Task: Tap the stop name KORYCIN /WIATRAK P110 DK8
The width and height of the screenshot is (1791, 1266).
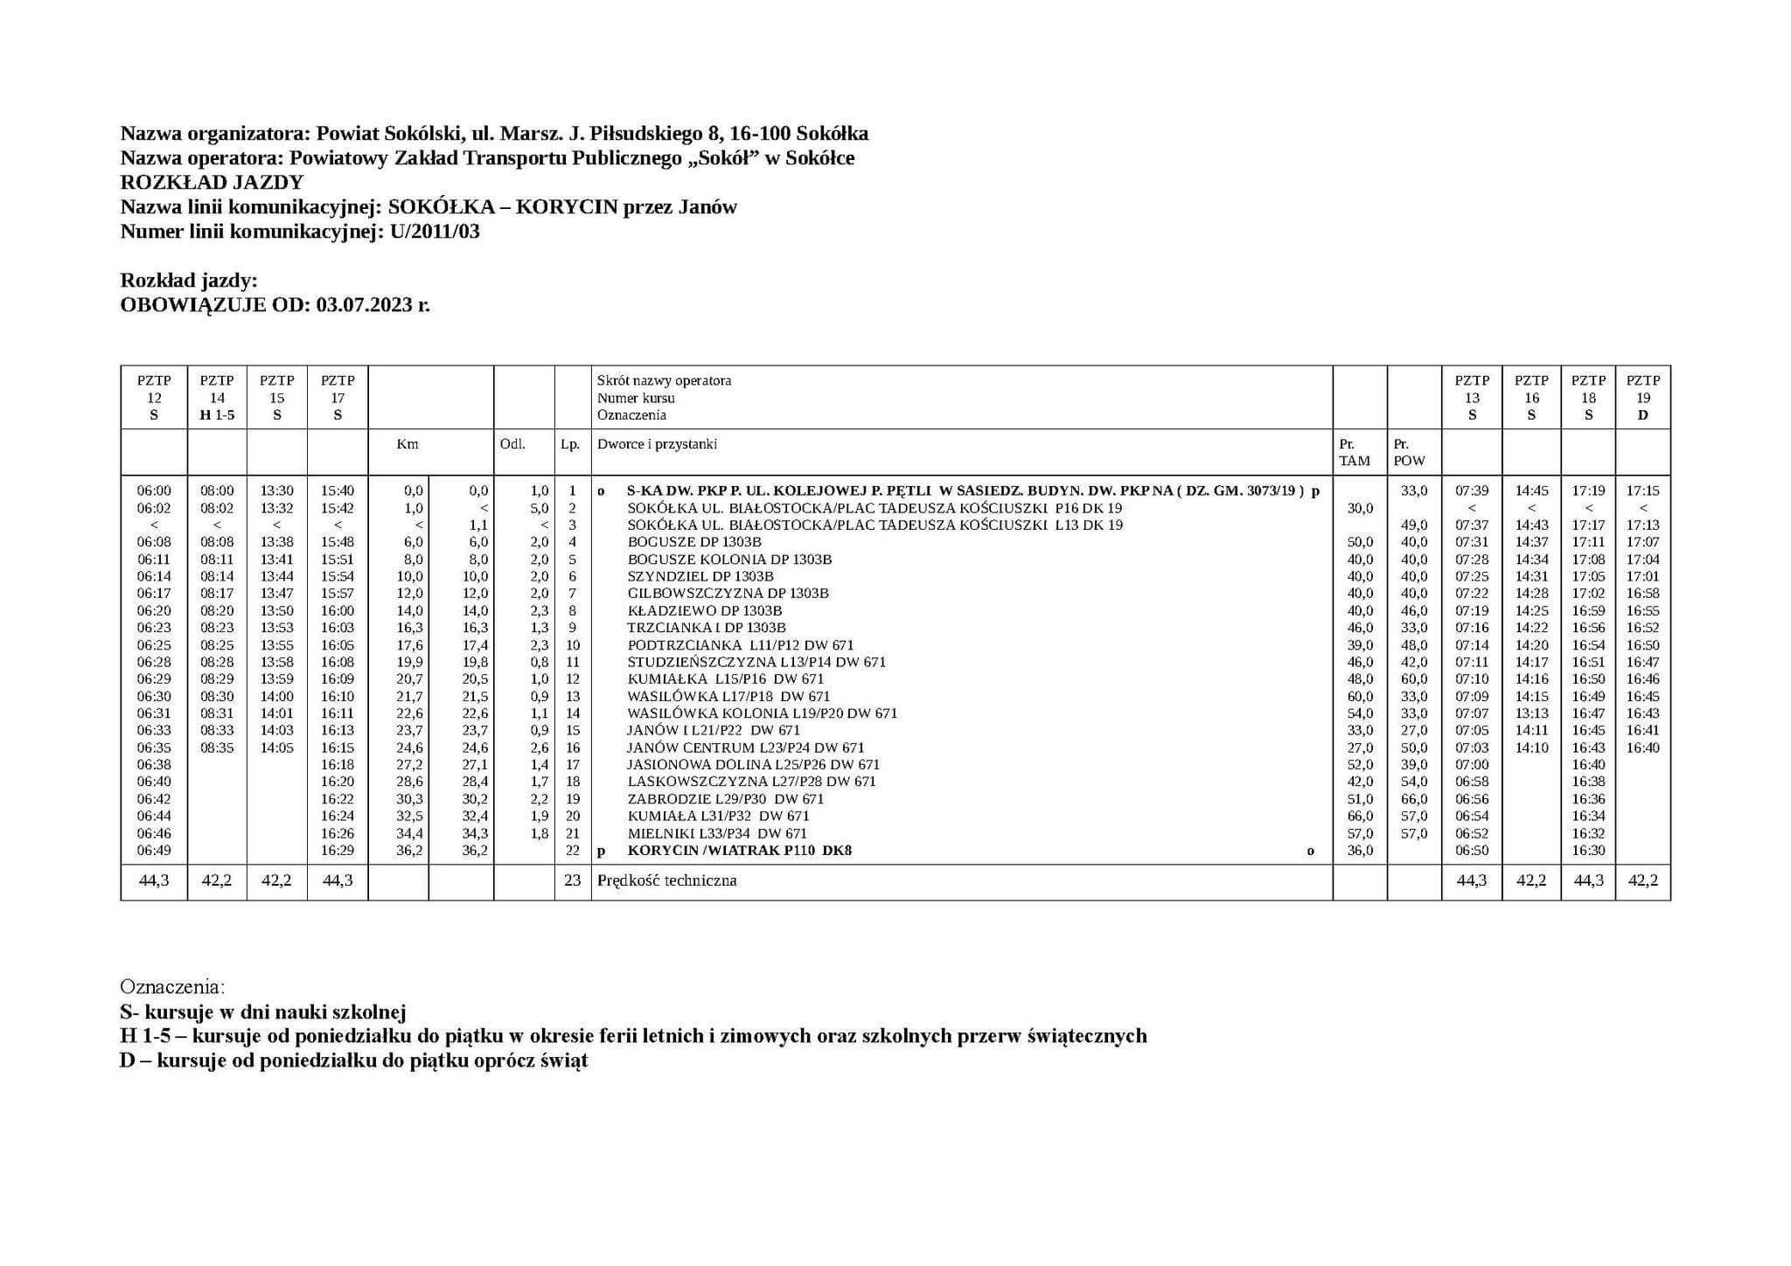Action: click(x=739, y=851)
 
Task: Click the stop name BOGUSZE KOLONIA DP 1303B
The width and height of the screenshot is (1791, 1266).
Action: click(x=729, y=560)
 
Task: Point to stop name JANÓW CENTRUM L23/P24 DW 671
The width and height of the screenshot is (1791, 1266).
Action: click(x=745, y=748)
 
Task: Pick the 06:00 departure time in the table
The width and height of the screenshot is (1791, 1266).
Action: click(x=154, y=491)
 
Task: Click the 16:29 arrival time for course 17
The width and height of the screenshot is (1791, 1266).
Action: click(x=338, y=851)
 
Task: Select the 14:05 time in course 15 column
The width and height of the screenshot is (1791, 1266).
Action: click(x=276, y=748)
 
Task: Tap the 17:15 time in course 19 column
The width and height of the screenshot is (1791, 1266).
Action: click(x=1642, y=491)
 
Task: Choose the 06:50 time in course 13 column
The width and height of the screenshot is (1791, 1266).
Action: click(x=1472, y=851)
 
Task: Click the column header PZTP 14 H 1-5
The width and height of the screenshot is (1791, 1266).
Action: click(x=217, y=398)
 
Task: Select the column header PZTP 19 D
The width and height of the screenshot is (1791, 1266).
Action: click(x=1642, y=398)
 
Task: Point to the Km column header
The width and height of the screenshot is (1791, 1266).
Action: click(x=408, y=444)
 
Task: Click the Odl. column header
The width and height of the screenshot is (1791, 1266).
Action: click(x=512, y=444)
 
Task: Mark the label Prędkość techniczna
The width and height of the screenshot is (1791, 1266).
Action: click(x=666, y=880)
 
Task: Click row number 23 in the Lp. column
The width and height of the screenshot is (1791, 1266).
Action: click(x=572, y=880)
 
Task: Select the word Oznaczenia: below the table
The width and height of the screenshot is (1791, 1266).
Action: click(x=172, y=987)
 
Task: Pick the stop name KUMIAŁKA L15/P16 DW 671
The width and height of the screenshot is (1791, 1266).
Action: click(x=725, y=679)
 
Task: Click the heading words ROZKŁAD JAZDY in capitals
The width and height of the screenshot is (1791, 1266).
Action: click(x=212, y=183)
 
